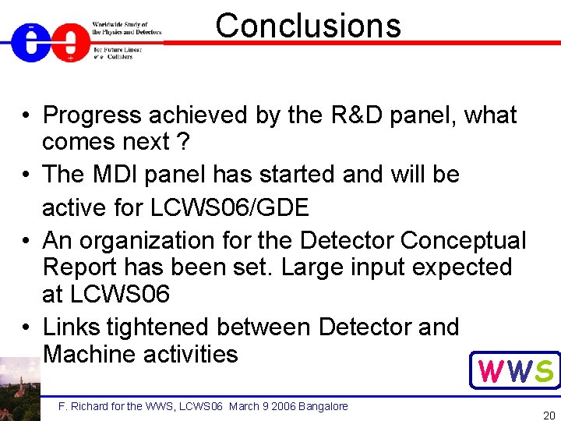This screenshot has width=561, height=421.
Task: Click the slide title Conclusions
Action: click(308, 25)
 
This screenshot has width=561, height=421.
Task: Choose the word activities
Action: click(191, 354)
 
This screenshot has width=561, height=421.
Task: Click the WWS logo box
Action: click(514, 370)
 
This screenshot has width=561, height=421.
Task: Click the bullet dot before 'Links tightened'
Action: click(26, 327)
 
